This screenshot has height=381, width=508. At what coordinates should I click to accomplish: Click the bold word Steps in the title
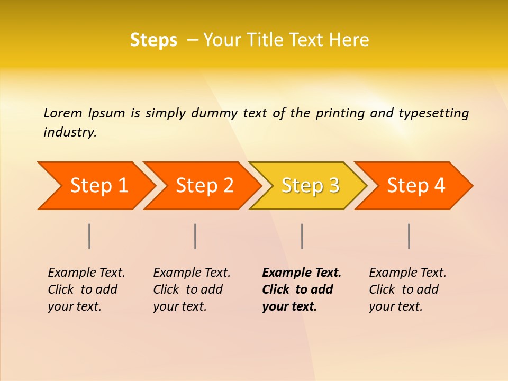tap(153, 40)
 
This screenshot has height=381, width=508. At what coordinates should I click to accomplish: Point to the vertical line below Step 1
tap(89, 236)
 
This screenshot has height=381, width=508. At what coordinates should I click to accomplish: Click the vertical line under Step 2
tap(195, 236)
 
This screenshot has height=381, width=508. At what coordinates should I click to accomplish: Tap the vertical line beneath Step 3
tap(302, 236)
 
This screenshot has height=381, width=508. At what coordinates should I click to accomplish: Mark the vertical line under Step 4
tap(409, 236)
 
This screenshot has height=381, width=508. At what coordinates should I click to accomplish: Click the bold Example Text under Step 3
tap(301, 289)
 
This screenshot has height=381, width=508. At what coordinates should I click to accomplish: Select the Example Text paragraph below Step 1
tap(86, 289)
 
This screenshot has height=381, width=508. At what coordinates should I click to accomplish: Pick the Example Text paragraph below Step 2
tap(192, 289)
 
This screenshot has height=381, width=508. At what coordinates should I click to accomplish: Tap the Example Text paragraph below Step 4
tap(407, 289)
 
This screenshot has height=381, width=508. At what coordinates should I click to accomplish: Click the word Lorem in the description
tap(63, 113)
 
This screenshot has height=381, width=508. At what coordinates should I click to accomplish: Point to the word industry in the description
tap(70, 132)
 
